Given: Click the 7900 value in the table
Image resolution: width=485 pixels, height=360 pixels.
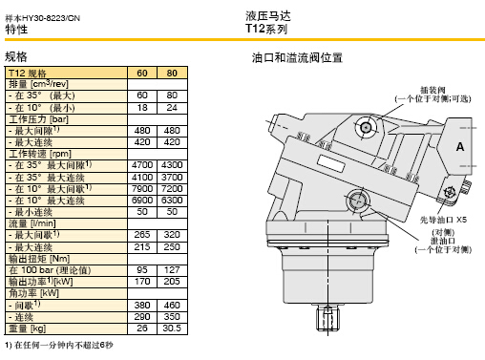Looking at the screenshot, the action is click(x=142, y=189).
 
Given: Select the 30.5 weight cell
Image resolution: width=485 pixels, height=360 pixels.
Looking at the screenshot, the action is click(x=172, y=328).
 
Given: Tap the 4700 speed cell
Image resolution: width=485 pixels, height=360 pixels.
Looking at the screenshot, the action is click(x=142, y=165).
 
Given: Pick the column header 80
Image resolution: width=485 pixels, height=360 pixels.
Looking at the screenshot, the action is click(x=172, y=73).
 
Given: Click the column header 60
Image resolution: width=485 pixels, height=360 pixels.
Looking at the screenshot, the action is click(x=142, y=73).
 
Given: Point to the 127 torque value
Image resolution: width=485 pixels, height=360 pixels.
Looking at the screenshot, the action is click(x=172, y=270).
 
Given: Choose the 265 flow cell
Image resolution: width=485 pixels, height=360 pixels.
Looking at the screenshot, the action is click(x=142, y=235).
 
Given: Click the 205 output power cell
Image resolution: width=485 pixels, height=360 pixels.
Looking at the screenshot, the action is click(x=172, y=282).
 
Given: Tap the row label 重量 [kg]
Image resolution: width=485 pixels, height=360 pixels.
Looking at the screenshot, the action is click(x=28, y=328).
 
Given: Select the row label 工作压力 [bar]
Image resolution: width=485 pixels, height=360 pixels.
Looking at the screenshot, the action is click(x=38, y=119).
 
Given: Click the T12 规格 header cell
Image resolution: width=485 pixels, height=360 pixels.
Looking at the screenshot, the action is click(x=28, y=74).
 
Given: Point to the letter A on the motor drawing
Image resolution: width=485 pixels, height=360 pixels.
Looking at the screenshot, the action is click(x=460, y=147).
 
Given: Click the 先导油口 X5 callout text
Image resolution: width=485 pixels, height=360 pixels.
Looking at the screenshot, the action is click(x=443, y=220).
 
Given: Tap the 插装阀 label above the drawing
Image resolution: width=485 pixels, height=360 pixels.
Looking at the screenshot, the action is click(x=432, y=90).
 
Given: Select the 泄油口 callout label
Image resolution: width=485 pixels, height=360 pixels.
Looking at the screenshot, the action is click(x=443, y=241).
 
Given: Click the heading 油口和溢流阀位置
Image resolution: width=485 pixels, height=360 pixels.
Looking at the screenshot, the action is click(x=297, y=58).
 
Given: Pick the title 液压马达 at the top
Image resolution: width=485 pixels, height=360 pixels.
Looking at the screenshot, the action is click(x=268, y=16).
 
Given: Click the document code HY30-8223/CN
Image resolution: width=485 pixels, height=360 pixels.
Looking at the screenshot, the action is click(x=51, y=18).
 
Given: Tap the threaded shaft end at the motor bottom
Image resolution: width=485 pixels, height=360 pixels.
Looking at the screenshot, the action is click(x=327, y=318).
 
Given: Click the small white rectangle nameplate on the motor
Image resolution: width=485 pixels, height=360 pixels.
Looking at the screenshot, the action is click(x=331, y=163).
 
